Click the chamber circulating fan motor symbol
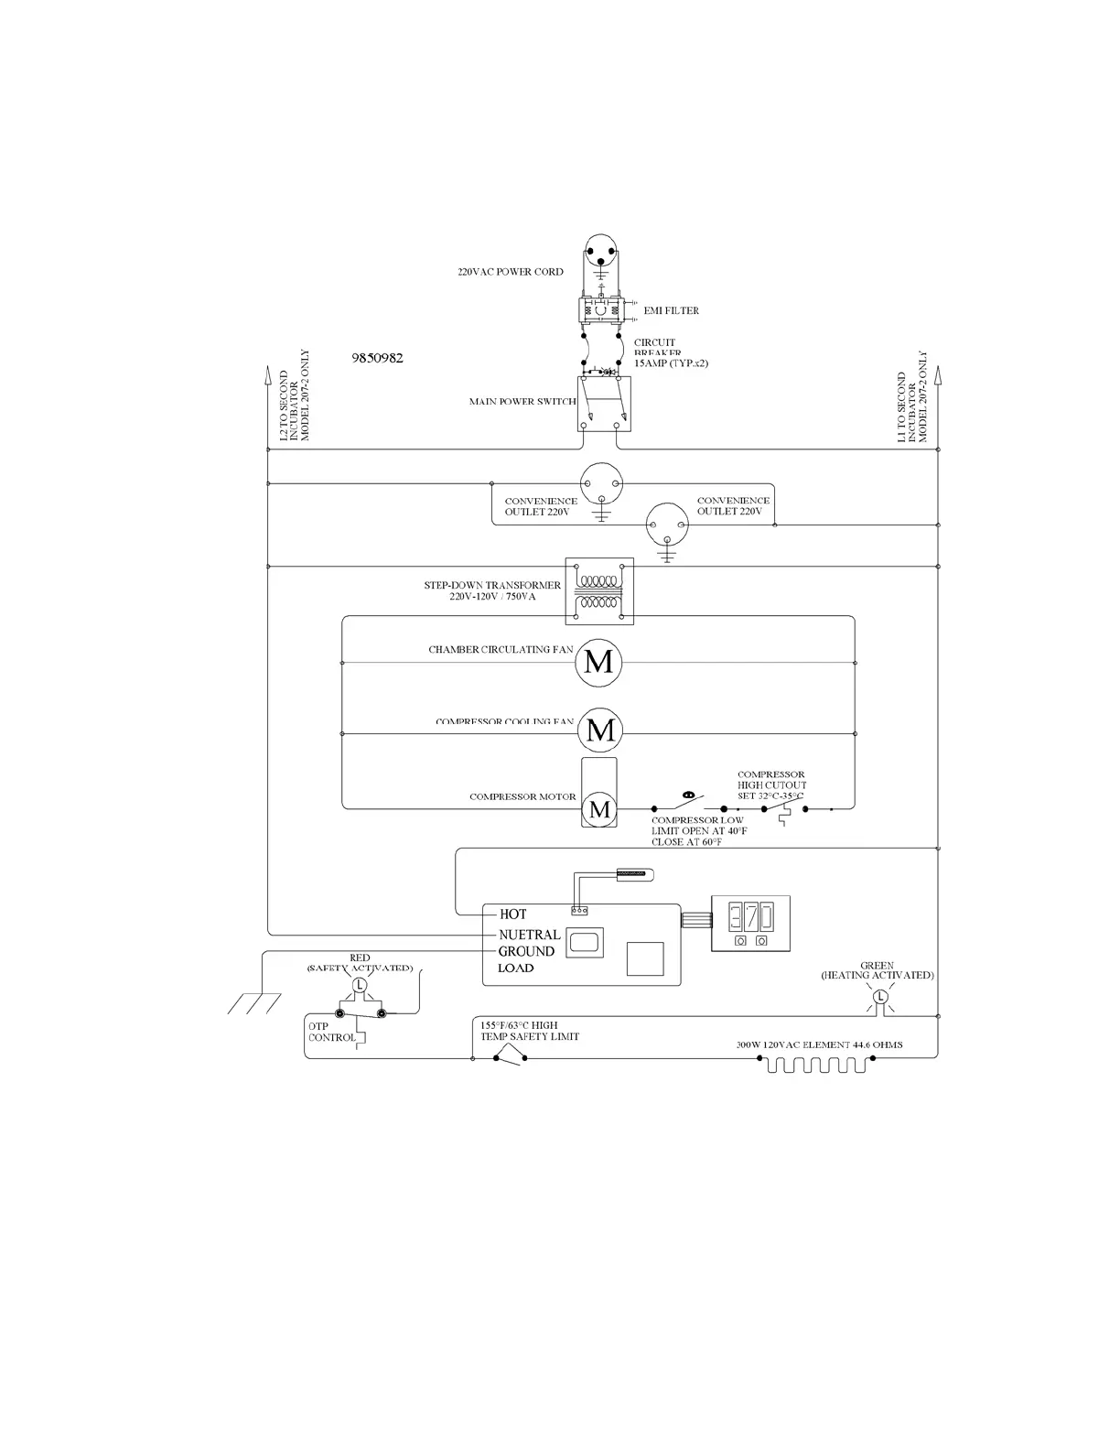click(598, 662)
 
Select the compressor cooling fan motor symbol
click(600, 730)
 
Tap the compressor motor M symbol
click(600, 809)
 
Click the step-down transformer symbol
click(599, 591)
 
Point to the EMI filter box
click(600, 310)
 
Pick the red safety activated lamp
click(360, 985)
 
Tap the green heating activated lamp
click(880, 997)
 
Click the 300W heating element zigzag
click(816, 1065)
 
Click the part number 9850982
click(377, 358)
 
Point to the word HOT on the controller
click(513, 914)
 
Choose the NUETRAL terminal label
click(529, 935)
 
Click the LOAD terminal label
click(516, 968)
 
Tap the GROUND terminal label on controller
click(526, 952)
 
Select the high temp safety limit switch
click(510, 1058)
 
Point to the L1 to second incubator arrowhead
click(938, 375)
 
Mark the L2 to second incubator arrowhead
click(267, 375)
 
